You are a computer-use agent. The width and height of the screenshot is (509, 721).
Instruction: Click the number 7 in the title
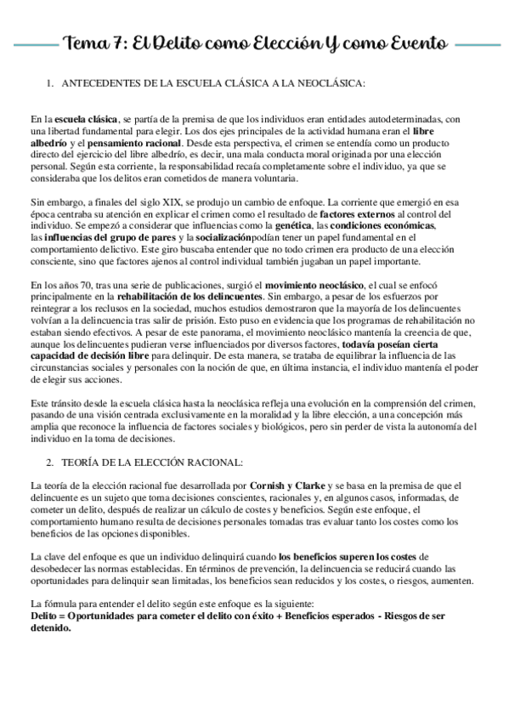[116, 42]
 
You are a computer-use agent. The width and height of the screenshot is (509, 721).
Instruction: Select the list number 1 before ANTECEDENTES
[49, 83]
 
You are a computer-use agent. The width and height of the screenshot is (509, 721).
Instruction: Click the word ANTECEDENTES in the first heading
[103, 83]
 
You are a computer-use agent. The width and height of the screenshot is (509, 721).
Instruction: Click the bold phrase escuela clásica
[88, 120]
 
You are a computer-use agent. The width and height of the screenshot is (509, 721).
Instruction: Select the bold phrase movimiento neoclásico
[318, 283]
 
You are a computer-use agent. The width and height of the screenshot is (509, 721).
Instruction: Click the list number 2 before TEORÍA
[49, 462]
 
